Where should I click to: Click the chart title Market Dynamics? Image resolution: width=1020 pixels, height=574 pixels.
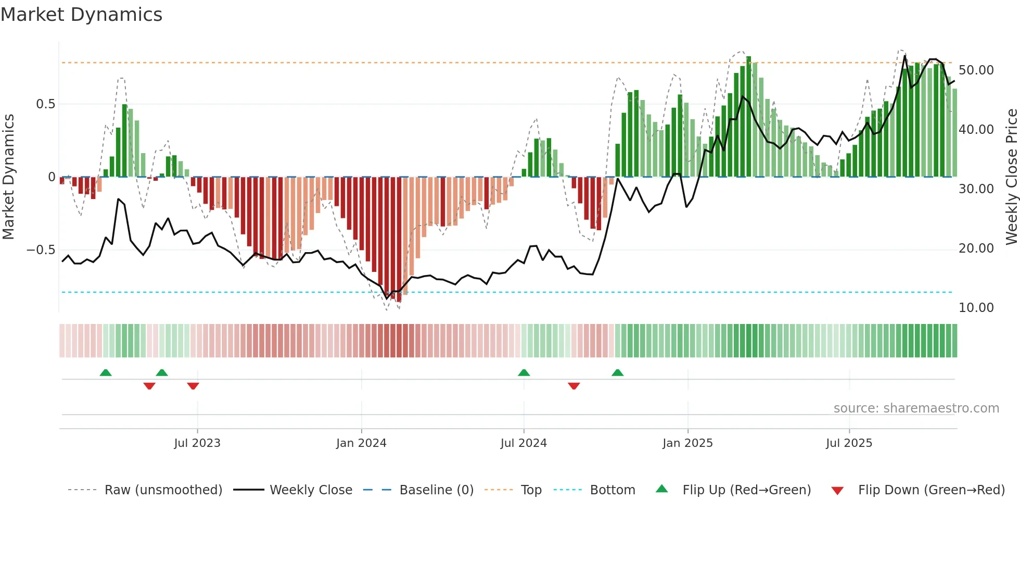click(x=81, y=15)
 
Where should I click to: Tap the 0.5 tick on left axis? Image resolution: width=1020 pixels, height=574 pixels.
click(x=45, y=104)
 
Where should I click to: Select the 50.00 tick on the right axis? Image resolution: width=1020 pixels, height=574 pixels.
click(x=976, y=70)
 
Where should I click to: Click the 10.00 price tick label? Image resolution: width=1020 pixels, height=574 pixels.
click(x=976, y=308)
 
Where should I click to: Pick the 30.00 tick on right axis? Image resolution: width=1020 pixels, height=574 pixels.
click(x=976, y=189)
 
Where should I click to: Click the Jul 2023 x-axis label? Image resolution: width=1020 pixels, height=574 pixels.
click(x=197, y=443)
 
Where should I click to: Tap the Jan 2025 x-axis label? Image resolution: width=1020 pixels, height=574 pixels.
click(x=687, y=443)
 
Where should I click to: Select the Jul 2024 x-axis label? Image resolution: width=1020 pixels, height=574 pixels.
click(x=524, y=443)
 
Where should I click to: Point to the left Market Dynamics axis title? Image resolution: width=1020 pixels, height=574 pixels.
click(x=8, y=177)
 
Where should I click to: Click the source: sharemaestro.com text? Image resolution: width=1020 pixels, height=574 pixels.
click(x=916, y=408)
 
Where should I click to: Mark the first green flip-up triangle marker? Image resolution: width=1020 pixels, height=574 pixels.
click(x=106, y=372)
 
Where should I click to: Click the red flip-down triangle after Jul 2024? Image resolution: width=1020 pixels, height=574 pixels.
click(x=574, y=386)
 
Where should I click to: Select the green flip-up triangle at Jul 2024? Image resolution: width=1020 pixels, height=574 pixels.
click(x=524, y=372)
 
